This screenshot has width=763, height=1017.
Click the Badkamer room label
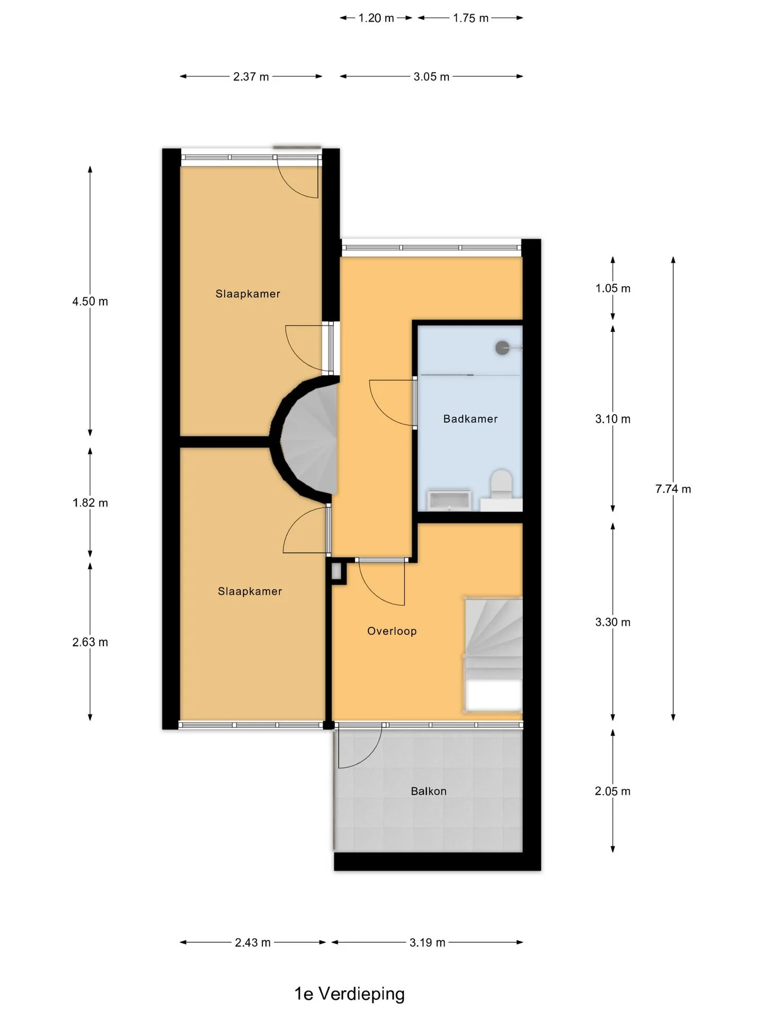tap(471, 419)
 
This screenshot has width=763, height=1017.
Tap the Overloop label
tap(392, 631)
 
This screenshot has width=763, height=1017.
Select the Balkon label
tap(429, 791)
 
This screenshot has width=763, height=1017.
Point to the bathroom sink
tap(449, 499)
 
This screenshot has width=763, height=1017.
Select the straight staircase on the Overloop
tap(494, 655)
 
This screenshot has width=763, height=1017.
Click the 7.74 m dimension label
tap(673, 489)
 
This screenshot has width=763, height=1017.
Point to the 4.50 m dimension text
tap(90, 301)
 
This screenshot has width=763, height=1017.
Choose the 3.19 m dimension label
tap(427, 942)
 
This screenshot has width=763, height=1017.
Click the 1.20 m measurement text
tap(376, 18)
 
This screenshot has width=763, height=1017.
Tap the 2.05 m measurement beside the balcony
tap(613, 791)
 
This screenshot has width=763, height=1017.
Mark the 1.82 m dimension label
tap(90, 503)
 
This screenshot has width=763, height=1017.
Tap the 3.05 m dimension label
tap(431, 77)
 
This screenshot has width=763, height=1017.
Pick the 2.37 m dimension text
tap(251, 77)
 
